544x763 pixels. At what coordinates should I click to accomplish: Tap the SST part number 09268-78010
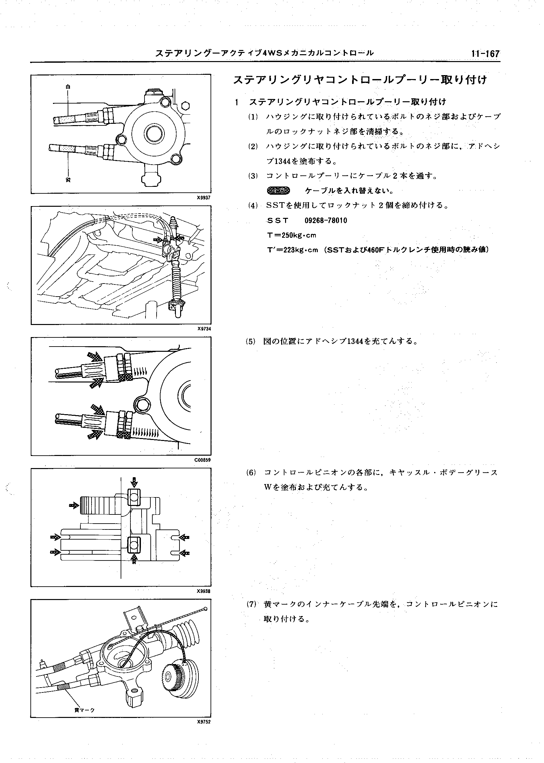[326, 220]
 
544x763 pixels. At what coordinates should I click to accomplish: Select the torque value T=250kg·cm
[291, 235]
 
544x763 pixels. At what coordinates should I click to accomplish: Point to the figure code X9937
[204, 198]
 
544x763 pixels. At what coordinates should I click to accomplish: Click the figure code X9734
[204, 329]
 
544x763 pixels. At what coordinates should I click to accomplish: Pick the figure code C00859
[203, 460]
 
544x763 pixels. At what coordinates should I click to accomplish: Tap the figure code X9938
[204, 591]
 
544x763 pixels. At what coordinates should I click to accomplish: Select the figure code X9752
[204, 722]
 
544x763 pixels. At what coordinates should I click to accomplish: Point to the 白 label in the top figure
[68, 87]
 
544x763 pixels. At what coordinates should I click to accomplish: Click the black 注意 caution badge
[278, 191]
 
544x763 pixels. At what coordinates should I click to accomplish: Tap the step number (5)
[250, 342]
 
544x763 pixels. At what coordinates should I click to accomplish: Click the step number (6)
[250, 473]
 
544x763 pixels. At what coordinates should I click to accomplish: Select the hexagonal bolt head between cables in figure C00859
[141, 405]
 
